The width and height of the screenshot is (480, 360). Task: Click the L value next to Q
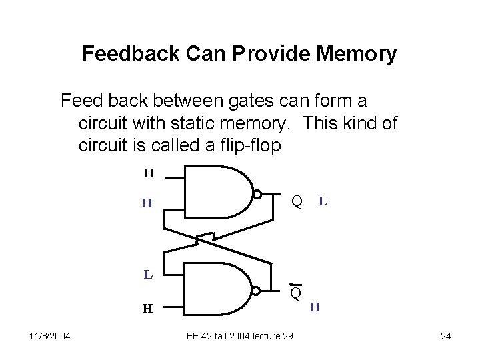pyautogui.click(x=322, y=200)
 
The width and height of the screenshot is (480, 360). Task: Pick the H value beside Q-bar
pyautogui.click(x=315, y=307)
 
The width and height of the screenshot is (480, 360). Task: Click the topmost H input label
pyautogui.click(x=149, y=174)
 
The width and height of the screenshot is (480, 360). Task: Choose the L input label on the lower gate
pyautogui.click(x=149, y=273)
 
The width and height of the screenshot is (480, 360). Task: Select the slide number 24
pyautogui.click(x=446, y=335)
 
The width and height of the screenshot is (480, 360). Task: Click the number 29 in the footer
pyautogui.click(x=287, y=335)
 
